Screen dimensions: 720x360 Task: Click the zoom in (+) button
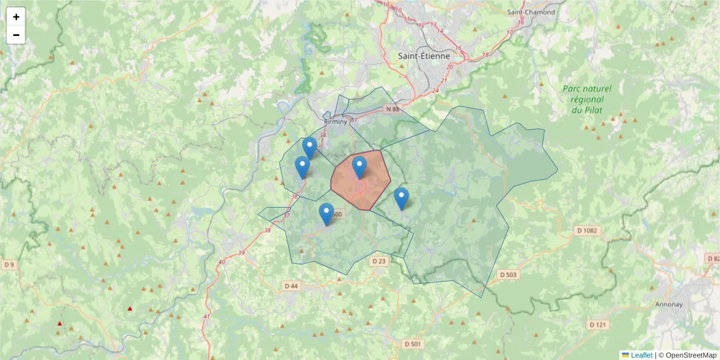click(16, 17)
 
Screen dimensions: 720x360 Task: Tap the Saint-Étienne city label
click(424, 56)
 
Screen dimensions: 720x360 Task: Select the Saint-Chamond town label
click(531, 12)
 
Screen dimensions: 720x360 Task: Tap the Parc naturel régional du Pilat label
click(587, 99)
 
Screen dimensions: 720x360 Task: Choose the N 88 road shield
click(392, 109)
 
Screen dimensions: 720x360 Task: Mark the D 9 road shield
click(8, 264)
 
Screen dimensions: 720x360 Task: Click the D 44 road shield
click(290, 286)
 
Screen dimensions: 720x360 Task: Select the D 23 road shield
click(379, 261)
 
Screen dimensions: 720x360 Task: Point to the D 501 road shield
click(413, 344)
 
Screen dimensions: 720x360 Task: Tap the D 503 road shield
click(508, 274)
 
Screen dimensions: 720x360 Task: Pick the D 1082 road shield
click(587, 230)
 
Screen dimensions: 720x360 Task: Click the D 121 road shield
click(598, 325)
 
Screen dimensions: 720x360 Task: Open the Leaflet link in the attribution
click(641, 355)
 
